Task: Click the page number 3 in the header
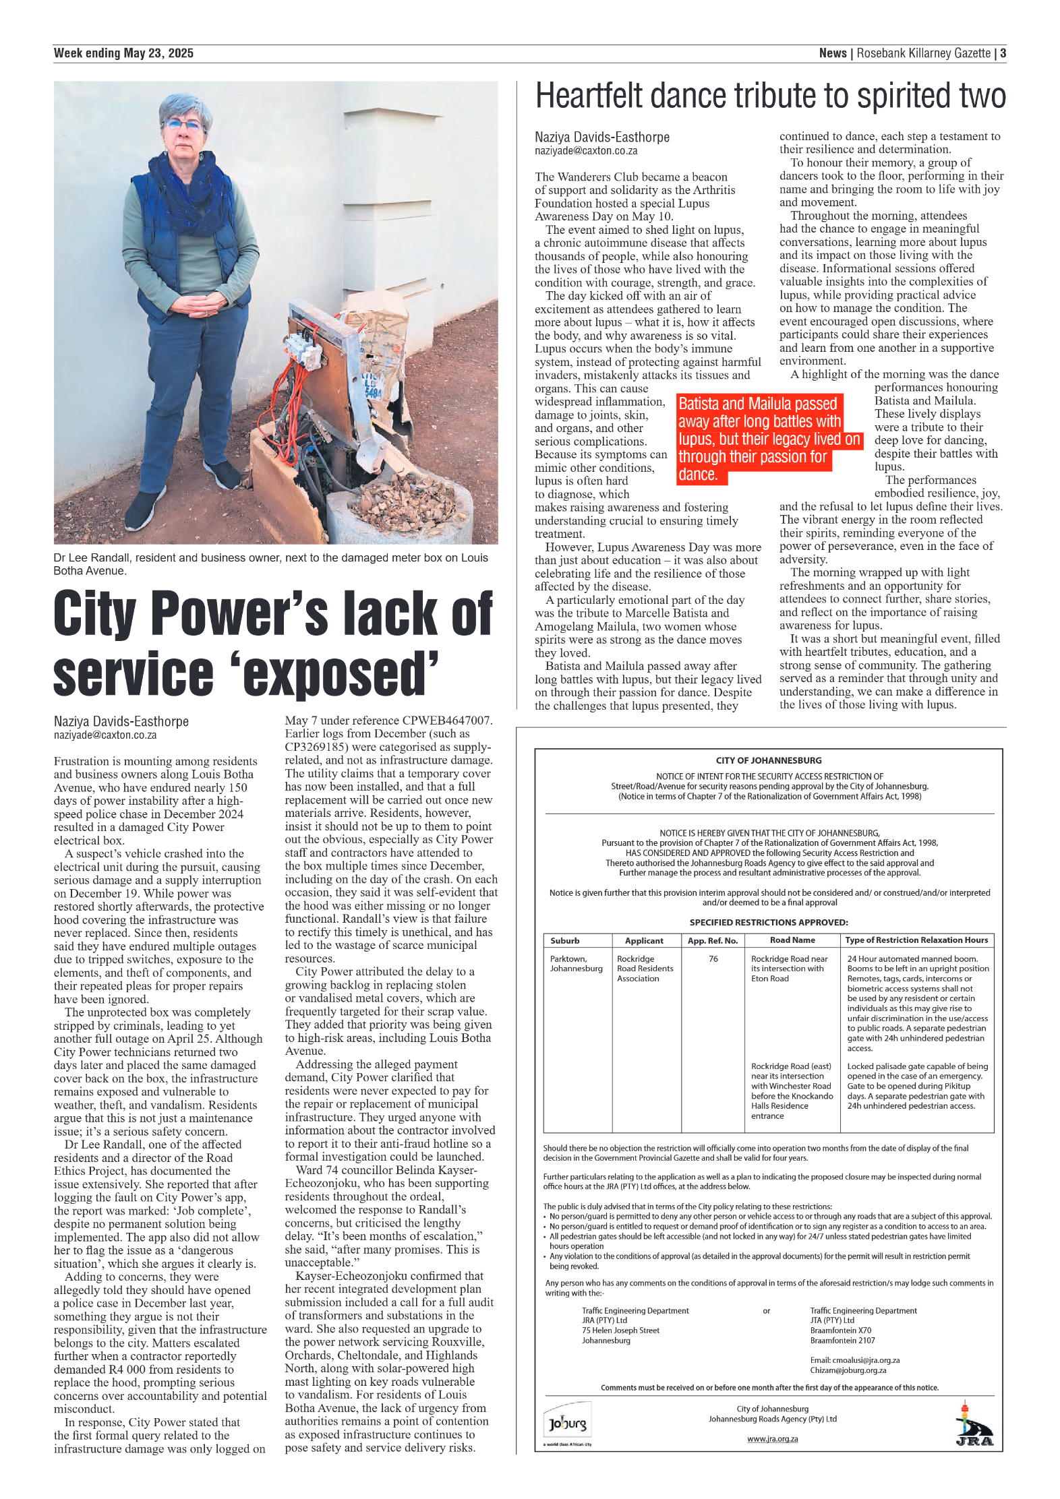[x=1003, y=53]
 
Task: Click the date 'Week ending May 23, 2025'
[x=123, y=53]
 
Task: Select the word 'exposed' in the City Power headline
[x=341, y=674]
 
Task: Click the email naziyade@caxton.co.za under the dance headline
[x=585, y=151]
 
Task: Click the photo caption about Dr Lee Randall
[x=270, y=563]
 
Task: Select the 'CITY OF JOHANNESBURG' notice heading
[x=769, y=760]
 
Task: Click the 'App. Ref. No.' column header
[x=713, y=940]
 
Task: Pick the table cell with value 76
[x=713, y=958]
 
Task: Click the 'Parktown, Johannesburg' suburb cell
[x=576, y=963]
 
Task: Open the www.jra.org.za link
[x=772, y=1438]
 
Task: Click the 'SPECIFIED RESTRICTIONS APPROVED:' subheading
[x=768, y=922]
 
